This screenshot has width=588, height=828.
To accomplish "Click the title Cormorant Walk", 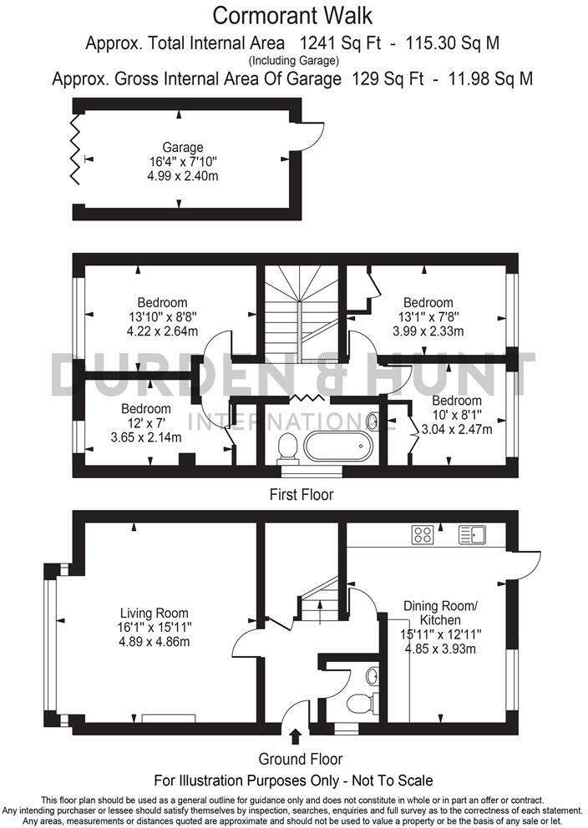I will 292,15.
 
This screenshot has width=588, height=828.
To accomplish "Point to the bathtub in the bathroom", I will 336,447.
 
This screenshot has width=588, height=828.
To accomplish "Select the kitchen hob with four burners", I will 423,535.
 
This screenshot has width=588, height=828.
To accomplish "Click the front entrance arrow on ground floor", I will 294,736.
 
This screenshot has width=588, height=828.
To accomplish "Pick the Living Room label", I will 154,613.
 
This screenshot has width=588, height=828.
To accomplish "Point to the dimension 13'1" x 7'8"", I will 428,316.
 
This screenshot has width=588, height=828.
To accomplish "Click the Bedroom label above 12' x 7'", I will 146,409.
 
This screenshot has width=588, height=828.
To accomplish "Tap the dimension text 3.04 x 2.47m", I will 456,429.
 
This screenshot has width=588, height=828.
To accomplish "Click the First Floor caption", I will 301,495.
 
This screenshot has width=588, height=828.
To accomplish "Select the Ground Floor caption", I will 300,760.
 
